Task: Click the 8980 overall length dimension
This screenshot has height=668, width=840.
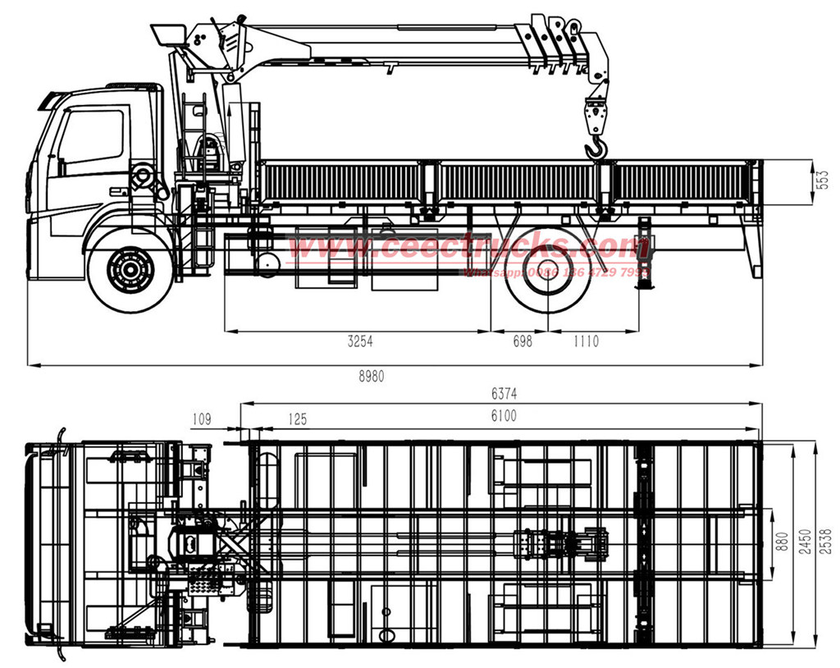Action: point(371,376)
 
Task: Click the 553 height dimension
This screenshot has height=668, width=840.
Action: point(824,180)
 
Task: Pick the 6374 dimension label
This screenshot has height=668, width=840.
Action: point(503,395)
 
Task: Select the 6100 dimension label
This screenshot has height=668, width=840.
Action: point(503,416)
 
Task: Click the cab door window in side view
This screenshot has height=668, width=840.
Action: point(90,135)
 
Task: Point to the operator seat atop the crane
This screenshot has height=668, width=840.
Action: point(170,34)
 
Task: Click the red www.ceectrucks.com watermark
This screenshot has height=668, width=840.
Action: point(468,245)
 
